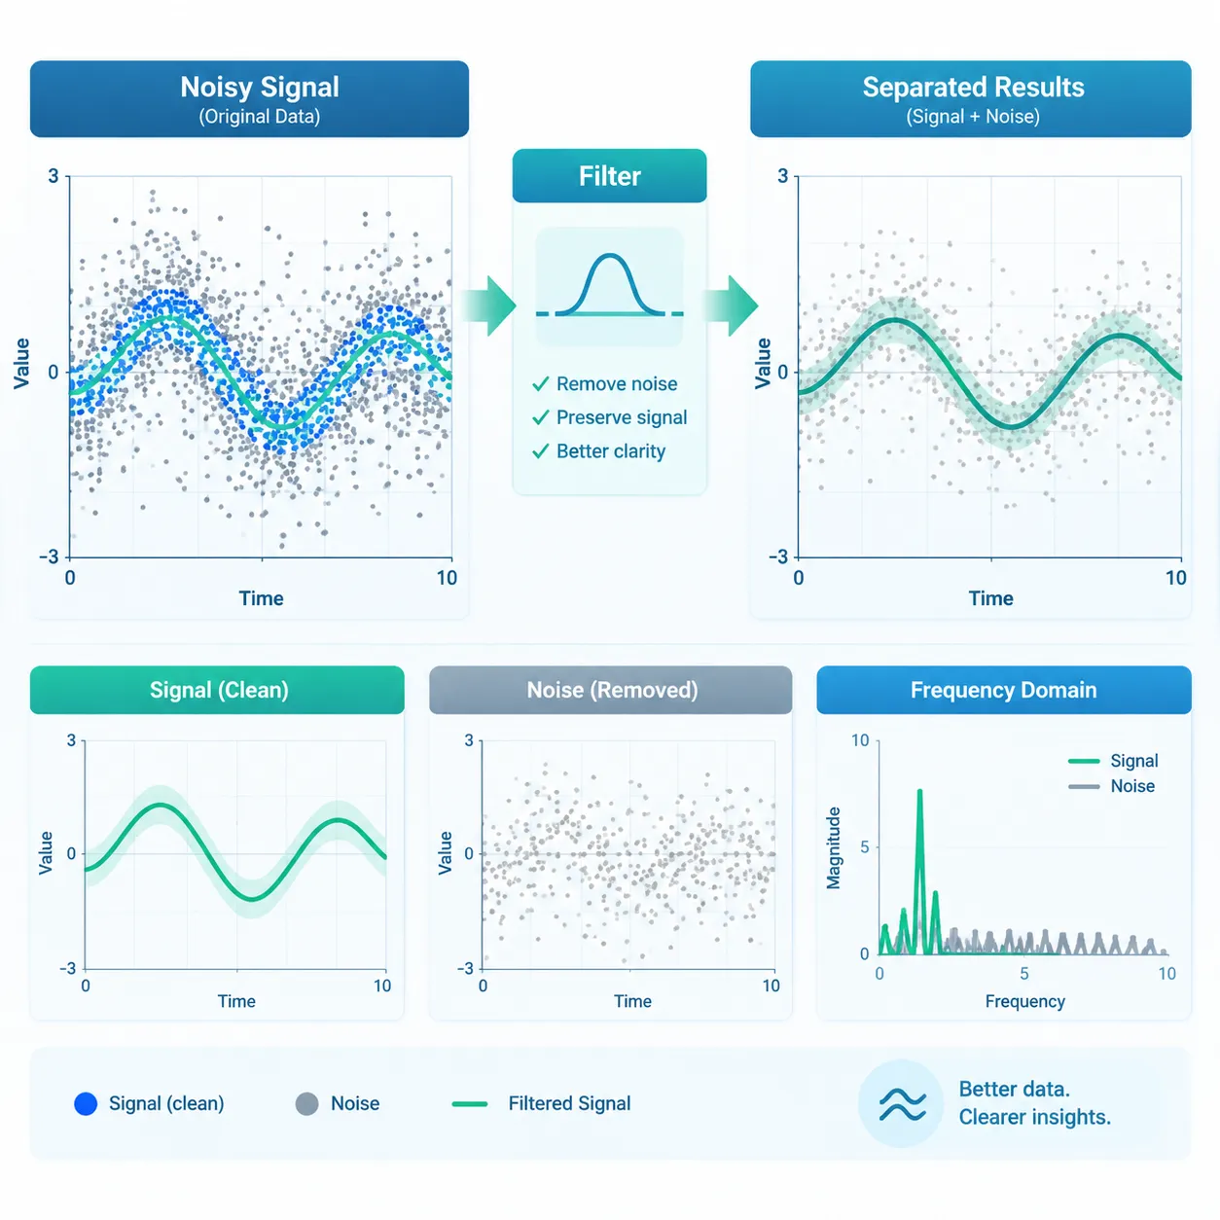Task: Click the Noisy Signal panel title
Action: coord(260,88)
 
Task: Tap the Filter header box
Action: coord(609,176)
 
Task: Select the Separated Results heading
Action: coord(973,88)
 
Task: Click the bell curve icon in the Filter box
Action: coord(609,285)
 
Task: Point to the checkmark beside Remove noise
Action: coord(540,383)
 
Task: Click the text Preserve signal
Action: coord(622,417)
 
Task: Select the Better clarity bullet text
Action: coord(611,450)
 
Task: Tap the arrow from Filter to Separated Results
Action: coord(731,305)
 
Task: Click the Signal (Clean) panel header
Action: coord(217,690)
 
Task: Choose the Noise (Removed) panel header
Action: coord(610,690)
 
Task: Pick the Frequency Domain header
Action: coord(1003,690)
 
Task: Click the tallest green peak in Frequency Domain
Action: coord(920,791)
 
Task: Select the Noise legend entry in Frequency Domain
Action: coord(1112,786)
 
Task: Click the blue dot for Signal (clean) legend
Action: coord(86,1103)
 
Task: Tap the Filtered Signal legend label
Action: coord(569,1103)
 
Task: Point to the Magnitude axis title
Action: coord(833,847)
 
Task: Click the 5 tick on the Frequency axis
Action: coord(1023,974)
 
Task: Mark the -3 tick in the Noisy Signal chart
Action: coord(50,557)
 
